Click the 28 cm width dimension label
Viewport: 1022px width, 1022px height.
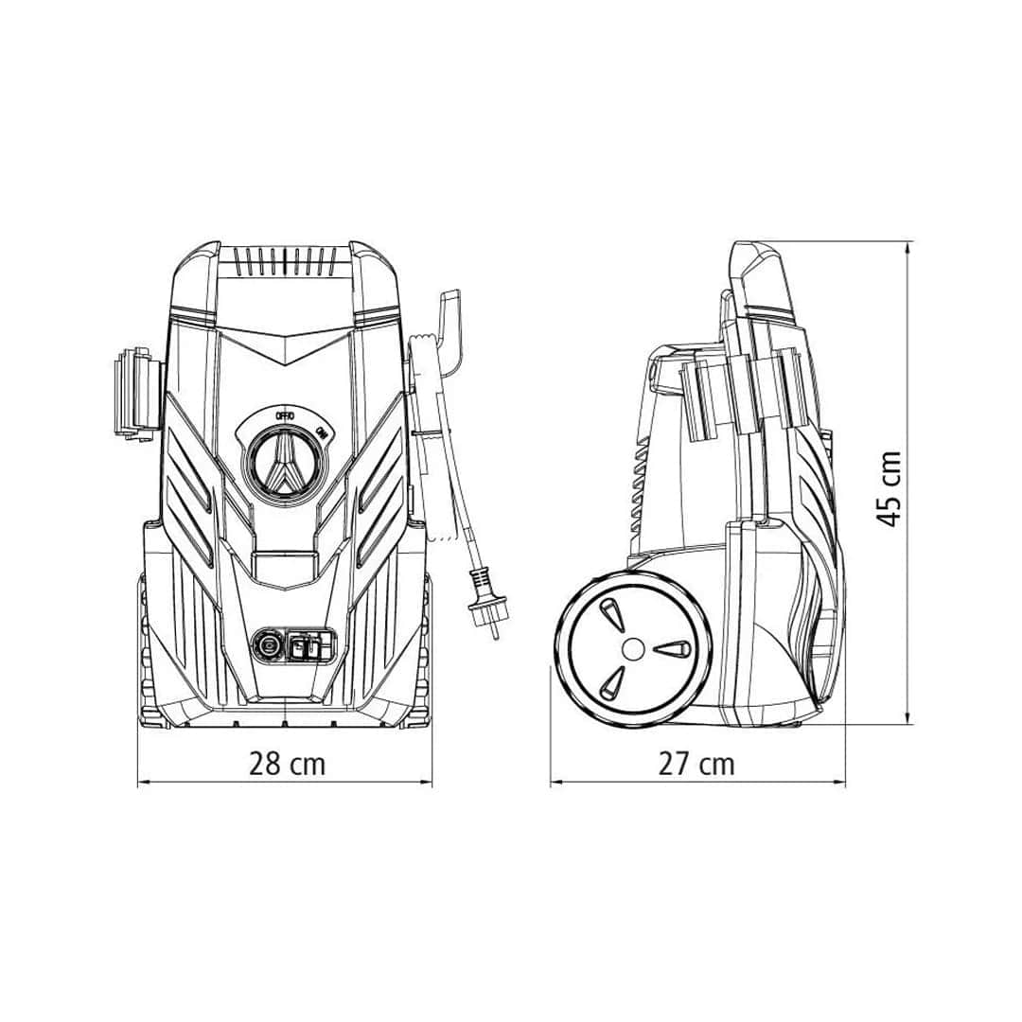287,763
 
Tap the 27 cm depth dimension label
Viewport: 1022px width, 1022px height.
696,764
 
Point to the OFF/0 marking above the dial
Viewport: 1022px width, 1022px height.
285,415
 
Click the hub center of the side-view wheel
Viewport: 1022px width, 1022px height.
633,648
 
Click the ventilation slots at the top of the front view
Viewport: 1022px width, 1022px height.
285,261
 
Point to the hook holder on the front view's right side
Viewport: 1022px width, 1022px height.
445,331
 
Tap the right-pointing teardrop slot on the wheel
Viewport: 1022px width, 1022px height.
674,649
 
